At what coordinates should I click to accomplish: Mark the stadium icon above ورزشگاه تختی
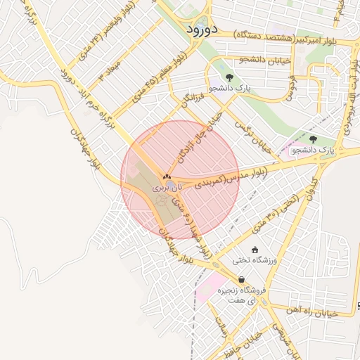pos(255,249)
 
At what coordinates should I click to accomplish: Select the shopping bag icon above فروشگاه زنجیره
pos(241,279)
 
